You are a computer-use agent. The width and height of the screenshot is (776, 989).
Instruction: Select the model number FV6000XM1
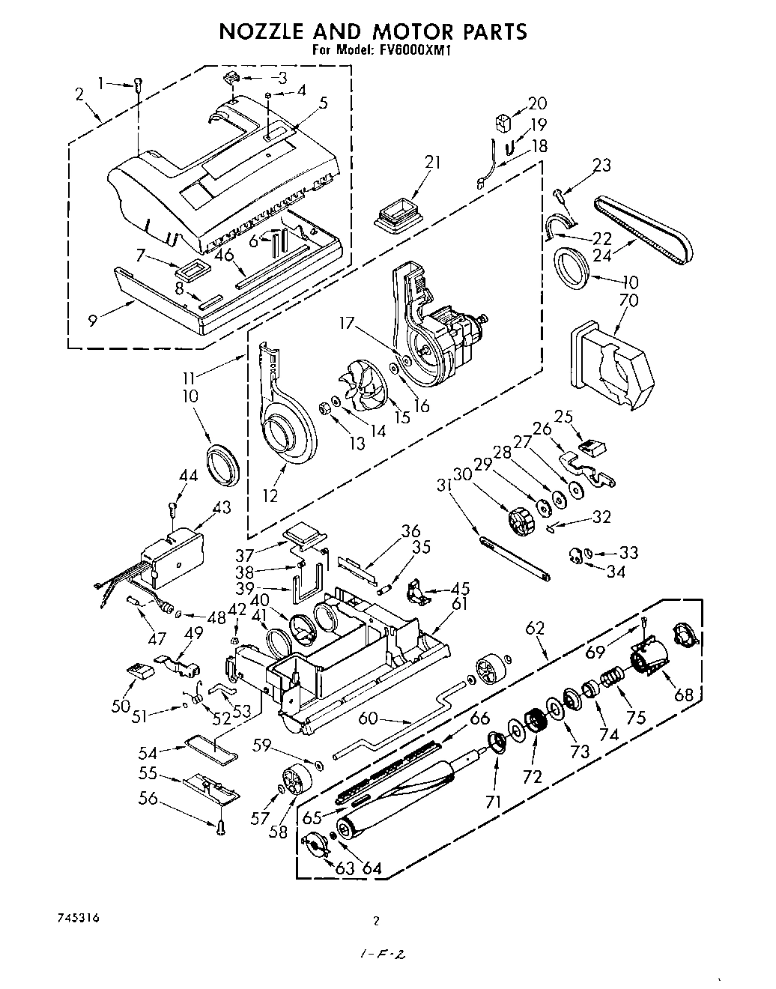click(x=410, y=51)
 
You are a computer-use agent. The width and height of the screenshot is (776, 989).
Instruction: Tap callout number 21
click(x=411, y=163)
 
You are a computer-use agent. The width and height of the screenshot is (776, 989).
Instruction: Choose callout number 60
click(x=368, y=719)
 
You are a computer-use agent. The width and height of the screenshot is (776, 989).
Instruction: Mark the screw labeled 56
click(x=221, y=828)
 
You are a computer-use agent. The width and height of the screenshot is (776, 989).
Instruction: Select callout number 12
click(x=270, y=495)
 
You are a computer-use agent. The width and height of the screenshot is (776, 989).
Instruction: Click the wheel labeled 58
click(x=297, y=779)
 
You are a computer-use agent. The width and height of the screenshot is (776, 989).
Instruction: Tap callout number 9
click(x=92, y=320)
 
